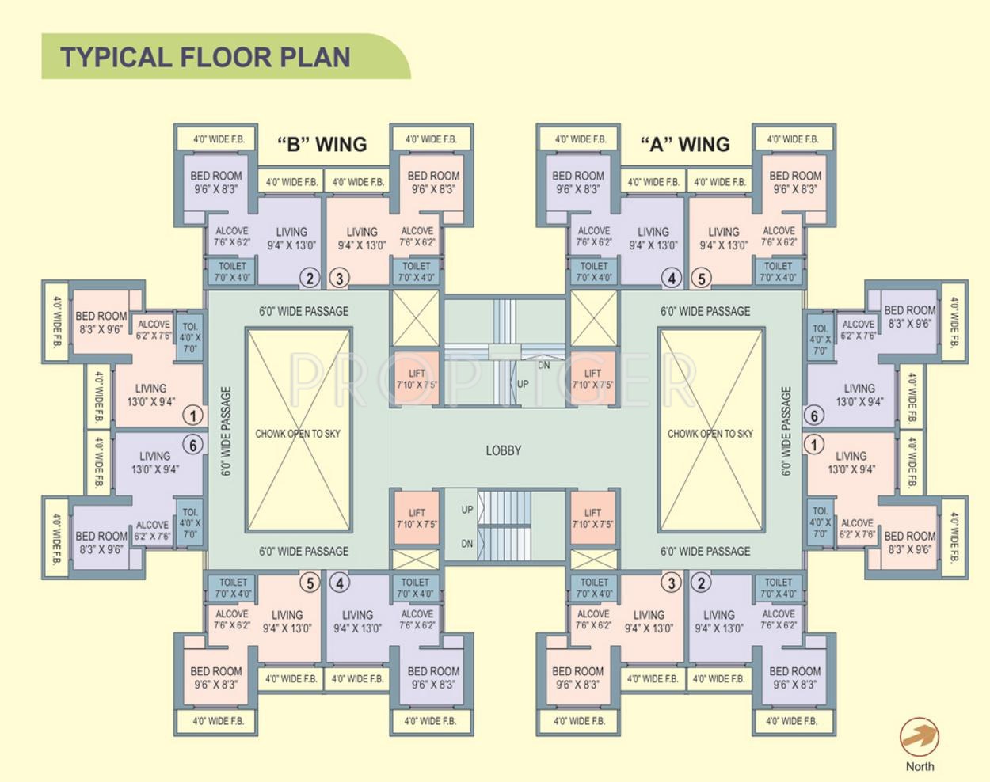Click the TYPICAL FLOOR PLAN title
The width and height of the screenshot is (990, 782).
205,57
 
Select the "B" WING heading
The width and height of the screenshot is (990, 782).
322,144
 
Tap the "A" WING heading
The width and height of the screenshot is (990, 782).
684,144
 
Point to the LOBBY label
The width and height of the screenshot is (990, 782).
503,450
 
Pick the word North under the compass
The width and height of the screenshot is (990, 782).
920,766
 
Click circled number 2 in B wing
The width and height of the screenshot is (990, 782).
310,278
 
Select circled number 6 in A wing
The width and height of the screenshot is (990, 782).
813,415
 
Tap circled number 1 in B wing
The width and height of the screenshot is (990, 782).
192,415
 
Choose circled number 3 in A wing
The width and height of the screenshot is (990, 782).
671,583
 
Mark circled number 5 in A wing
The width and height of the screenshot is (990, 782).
701,278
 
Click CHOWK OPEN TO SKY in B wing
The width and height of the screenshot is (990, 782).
298,434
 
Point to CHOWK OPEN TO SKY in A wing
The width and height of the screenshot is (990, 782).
710,434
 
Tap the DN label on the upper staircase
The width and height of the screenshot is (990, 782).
544,365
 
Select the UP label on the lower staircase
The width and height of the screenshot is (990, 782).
467,510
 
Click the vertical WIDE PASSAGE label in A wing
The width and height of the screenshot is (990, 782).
786,431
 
